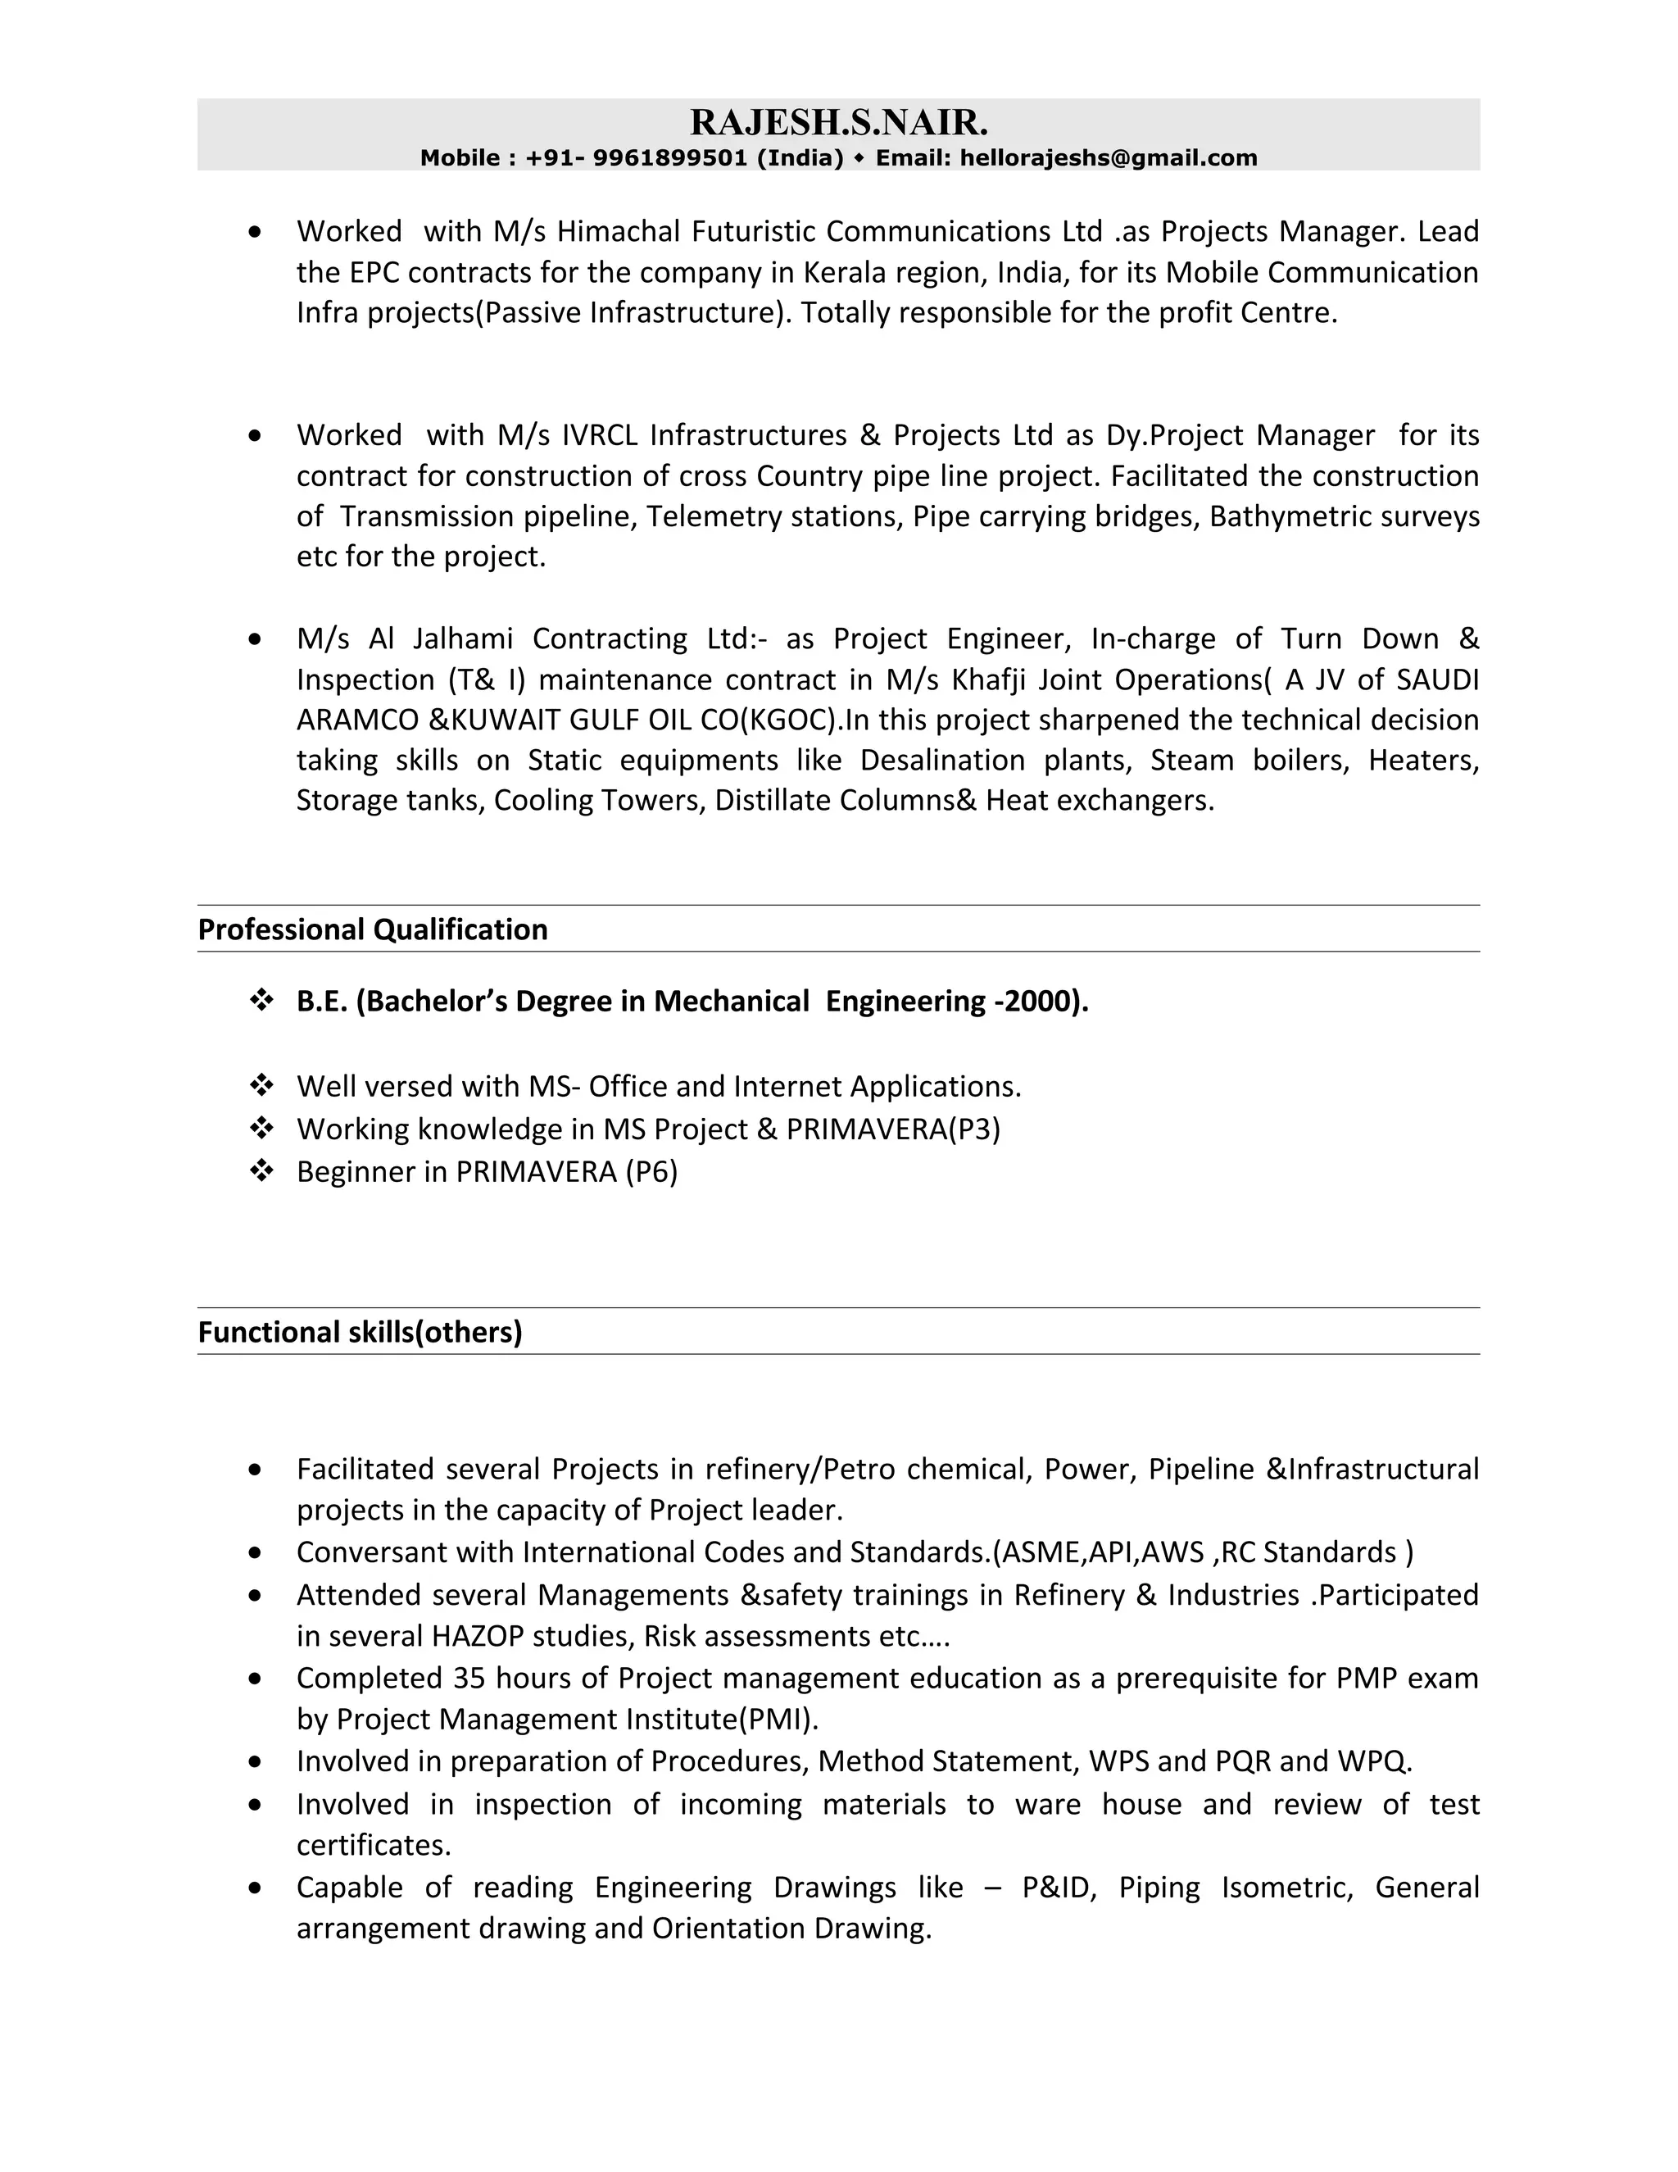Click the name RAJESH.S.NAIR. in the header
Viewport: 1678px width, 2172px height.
pyautogui.click(x=838, y=123)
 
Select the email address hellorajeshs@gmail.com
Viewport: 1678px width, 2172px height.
pyautogui.click(x=1108, y=158)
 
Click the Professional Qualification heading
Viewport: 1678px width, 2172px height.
pyautogui.click(x=373, y=930)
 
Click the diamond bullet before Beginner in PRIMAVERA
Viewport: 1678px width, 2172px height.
pyautogui.click(x=261, y=1171)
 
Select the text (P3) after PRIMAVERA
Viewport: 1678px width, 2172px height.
pyautogui.click(x=973, y=1129)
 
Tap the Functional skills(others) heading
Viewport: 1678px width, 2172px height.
pyautogui.click(x=360, y=1333)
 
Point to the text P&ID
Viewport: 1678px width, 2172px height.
pyautogui.click(x=1055, y=1888)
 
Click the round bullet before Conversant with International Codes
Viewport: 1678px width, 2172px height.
pyautogui.click(x=256, y=1552)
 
